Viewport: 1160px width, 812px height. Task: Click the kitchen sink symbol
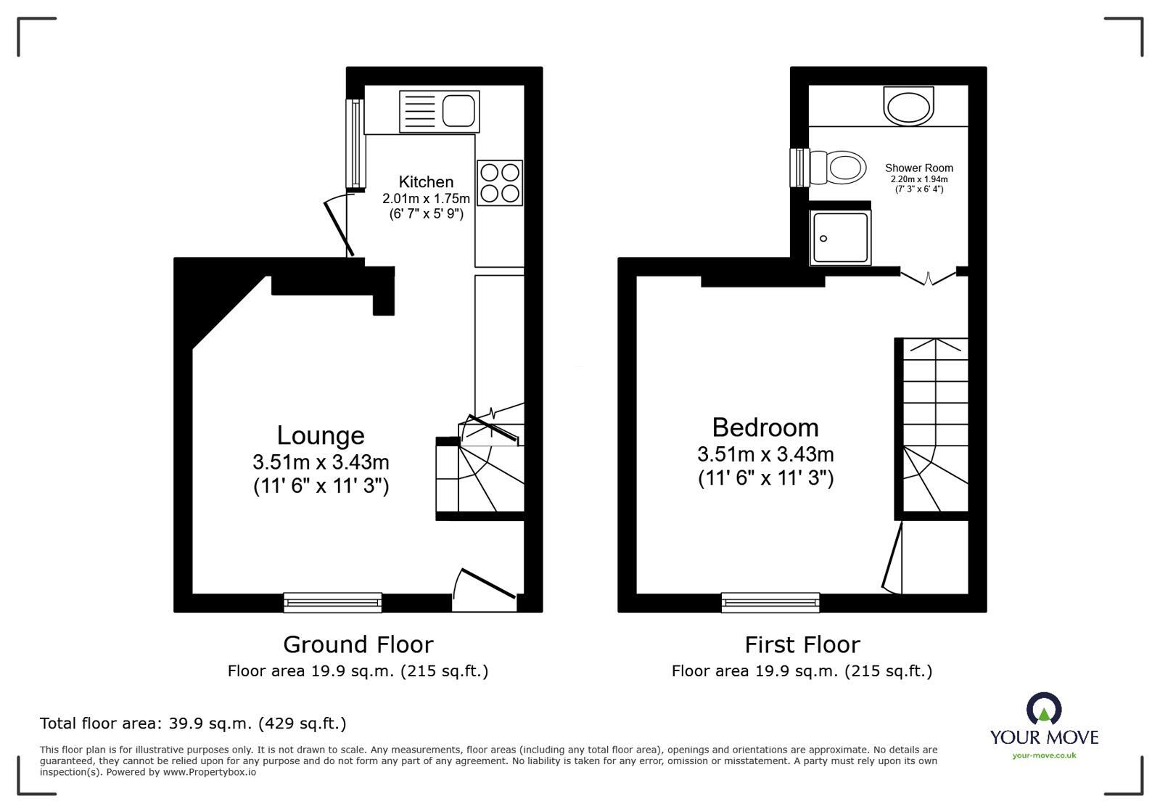click(x=439, y=111)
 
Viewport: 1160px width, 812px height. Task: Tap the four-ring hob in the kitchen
click(x=500, y=182)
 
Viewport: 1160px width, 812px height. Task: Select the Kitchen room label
click(x=426, y=182)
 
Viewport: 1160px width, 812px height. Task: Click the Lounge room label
click(x=321, y=435)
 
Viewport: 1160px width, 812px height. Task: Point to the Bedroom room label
click(x=765, y=427)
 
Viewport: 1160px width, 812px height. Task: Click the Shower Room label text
click(x=918, y=168)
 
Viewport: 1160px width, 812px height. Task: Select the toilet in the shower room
click(x=839, y=167)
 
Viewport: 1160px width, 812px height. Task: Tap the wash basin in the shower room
click(x=908, y=106)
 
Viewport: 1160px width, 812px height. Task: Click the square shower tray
click(x=840, y=237)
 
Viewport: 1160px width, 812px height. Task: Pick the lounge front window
click(x=332, y=602)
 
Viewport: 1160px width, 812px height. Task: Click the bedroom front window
click(x=770, y=602)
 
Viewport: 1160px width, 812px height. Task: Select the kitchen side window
click(x=355, y=142)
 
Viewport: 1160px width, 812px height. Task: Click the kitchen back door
click(x=338, y=226)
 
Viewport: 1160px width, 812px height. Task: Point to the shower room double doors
click(x=928, y=276)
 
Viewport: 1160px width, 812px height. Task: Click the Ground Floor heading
click(x=358, y=644)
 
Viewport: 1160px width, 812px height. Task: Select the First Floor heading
click(x=802, y=644)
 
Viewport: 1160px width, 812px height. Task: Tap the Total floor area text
click(x=192, y=723)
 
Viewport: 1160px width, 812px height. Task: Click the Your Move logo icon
click(x=1043, y=709)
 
